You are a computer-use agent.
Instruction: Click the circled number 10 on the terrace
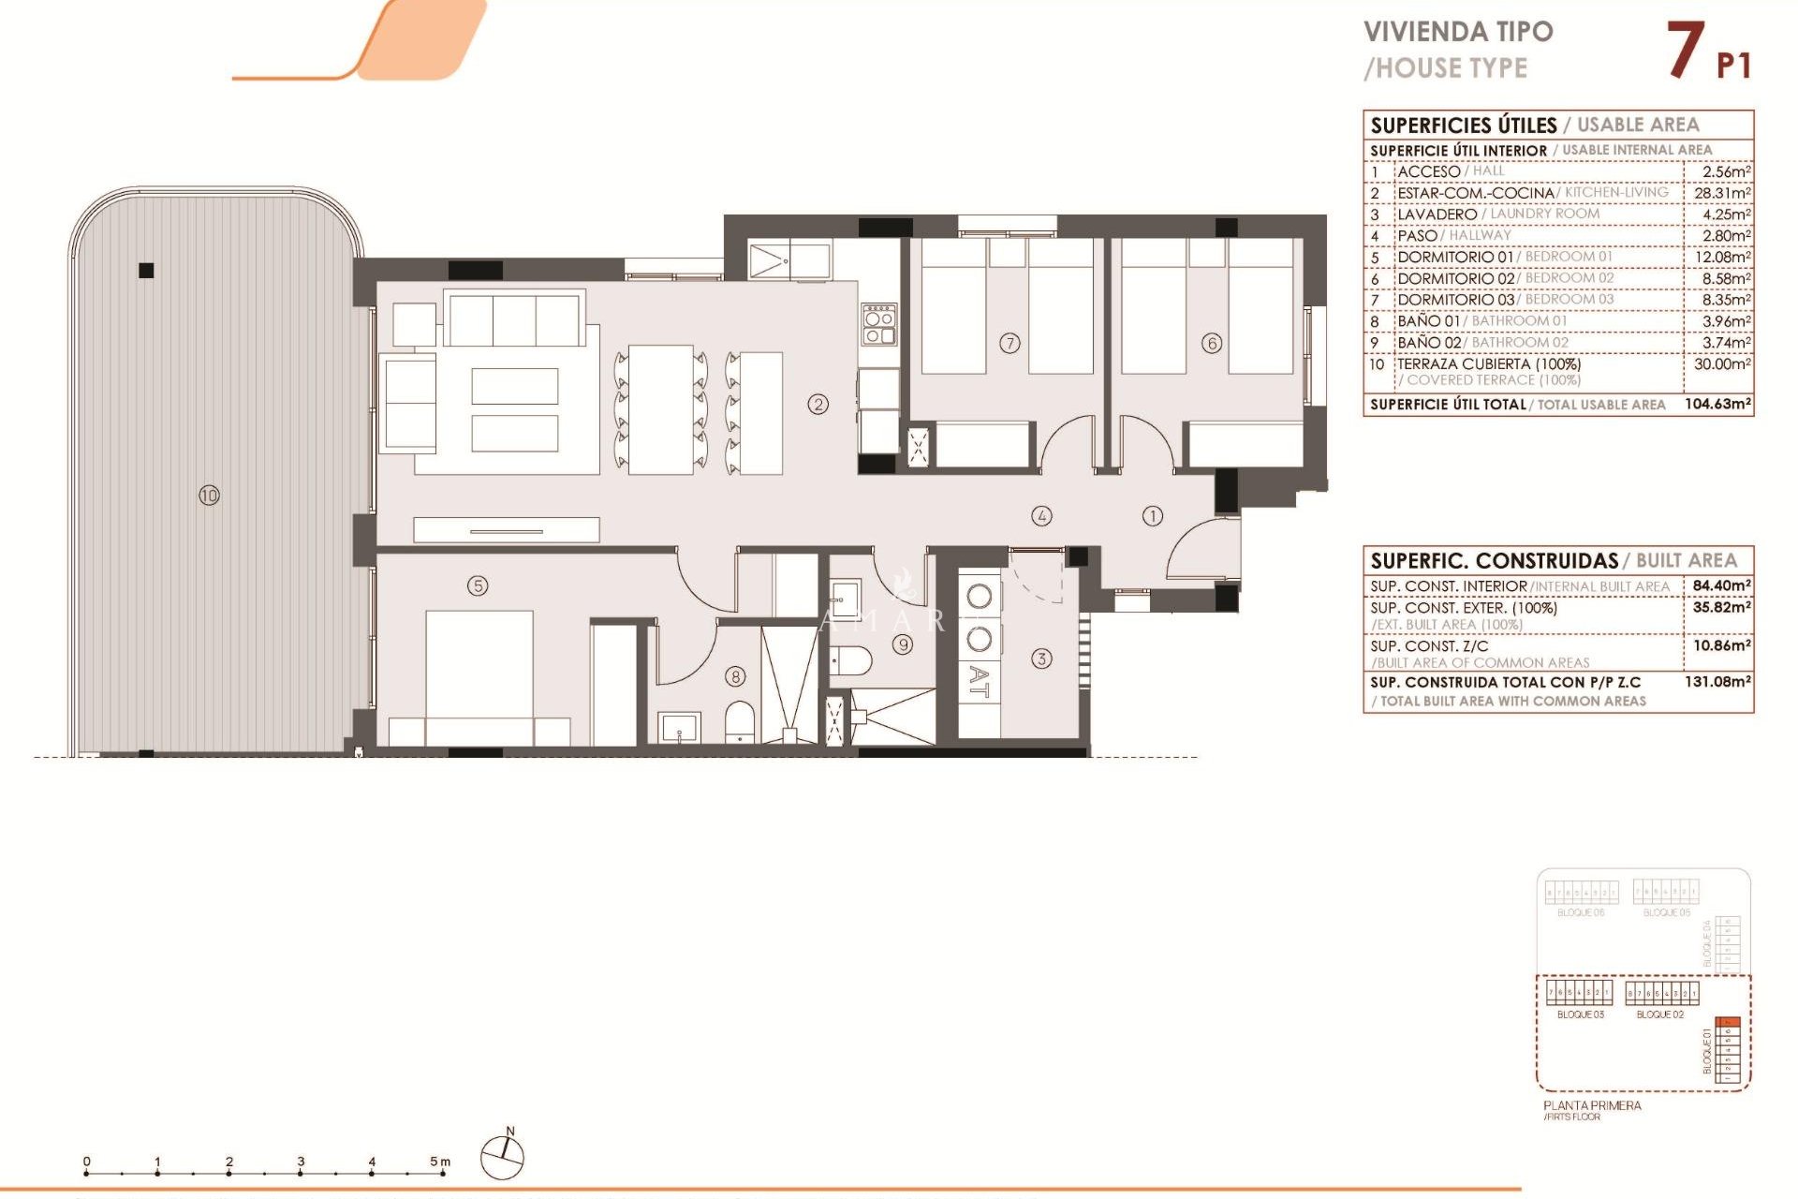click(209, 496)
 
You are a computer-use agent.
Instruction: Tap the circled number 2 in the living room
click(818, 405)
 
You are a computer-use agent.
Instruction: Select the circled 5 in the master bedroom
click(478, 585)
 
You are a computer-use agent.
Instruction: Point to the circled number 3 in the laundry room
click(1041, 659)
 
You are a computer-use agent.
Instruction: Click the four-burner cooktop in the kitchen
click(879, 324)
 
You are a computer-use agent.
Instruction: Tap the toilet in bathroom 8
click(740, 722)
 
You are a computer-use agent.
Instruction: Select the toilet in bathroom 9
click(852, 660)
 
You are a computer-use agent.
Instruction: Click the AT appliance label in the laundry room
click(979, 682)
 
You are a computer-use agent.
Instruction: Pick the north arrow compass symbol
click(502, 1158)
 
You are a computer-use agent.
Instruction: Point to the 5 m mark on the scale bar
click(440, 1162)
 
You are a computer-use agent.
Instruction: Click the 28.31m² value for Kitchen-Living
click(1722, 193)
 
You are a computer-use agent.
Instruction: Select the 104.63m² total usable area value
click(1717, 405)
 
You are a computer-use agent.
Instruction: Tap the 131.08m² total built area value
click(1717, 682)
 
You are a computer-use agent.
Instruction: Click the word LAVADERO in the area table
click(1437, 215)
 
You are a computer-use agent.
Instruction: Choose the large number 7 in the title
click(1685, 51)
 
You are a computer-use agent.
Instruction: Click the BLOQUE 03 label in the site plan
click(1580, 1014)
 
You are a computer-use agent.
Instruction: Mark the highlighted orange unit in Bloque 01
click(1728, 1022)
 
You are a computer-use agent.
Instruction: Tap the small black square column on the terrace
click(146, 271)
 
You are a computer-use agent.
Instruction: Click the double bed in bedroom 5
click(479, 670)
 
